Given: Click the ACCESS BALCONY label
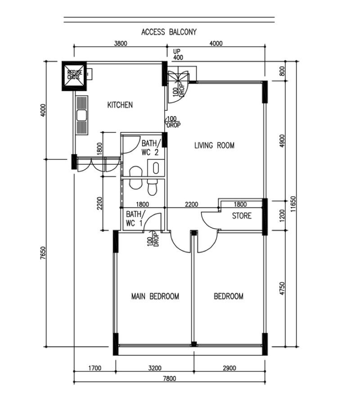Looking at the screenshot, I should click(169, 32).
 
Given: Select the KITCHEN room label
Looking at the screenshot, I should click(120, 105).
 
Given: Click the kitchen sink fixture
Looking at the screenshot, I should click(81, 115).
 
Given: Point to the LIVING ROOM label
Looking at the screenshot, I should click(214, 145).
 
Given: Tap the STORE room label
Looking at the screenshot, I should click(242, 216).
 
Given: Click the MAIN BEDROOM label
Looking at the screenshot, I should click(155, 296).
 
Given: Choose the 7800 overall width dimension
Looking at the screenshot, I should click(169, 379).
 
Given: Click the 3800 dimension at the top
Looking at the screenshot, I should click(120, 44).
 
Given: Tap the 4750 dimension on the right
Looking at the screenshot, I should click(282, 289).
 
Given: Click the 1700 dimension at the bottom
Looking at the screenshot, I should click(94, 368).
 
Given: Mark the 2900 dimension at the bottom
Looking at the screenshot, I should click(229, 368).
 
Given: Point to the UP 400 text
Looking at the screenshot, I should click(178, 55).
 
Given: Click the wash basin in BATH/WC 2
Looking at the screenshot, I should click(156, 168).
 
